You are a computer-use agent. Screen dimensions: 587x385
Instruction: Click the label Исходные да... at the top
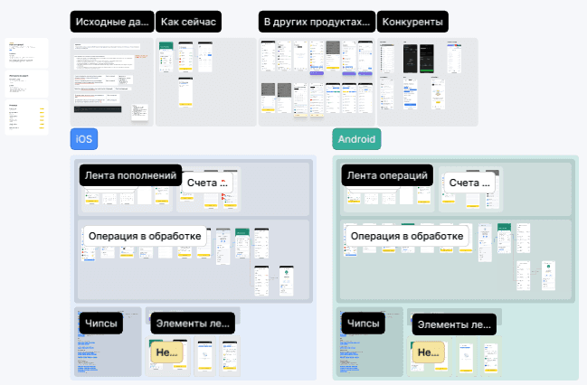tap(111, 22)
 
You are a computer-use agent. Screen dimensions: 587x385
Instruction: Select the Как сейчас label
tap(189, 22)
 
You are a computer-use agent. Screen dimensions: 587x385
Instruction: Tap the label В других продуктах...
tap(317, 22)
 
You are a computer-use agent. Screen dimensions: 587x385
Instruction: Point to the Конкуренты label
tap(412, 22)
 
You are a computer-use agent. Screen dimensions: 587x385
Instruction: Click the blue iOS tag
tap(84, 139)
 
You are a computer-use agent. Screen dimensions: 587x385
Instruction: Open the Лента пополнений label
tap(130, 174)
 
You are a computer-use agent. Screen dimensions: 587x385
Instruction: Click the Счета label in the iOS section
tap(207, 183)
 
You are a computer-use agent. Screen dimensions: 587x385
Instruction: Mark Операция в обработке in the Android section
tap(407, 236)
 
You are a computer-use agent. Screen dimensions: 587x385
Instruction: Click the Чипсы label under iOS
tap(101, 324)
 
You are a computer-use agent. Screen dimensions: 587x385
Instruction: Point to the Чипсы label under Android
tap(364, 324)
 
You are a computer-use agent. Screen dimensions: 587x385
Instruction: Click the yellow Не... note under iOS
tap(168, 352)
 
